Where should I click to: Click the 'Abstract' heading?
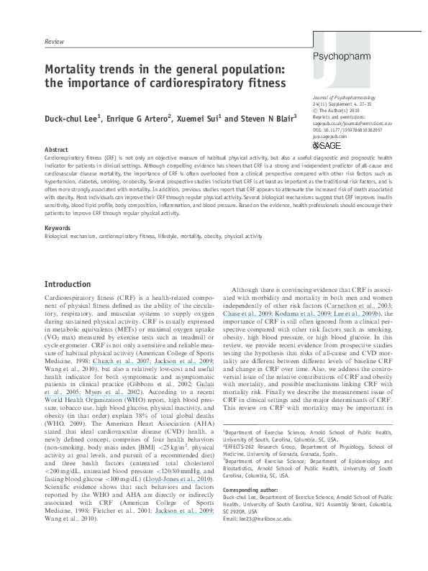point(56,148)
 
